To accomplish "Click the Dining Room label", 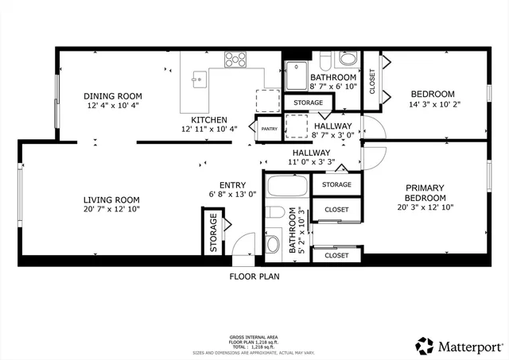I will tap(114, 95).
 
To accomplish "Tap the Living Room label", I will tap(111, 200).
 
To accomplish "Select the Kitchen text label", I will tap(208, 119).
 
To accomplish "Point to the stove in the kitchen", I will tap(235, 59).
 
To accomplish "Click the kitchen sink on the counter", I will tap(200, 79).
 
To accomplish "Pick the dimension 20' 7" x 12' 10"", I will tap(111, 211).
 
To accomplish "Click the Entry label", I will tap(211, 185).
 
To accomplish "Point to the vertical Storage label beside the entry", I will tap(213, 233).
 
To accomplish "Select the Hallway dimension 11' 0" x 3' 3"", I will tap(310, 162).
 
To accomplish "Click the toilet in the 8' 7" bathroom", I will tap(348, 60).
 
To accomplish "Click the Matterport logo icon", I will tap(425, 346).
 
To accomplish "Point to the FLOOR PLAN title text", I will tap(254, 277).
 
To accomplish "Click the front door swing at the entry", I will tap(243, 242).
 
